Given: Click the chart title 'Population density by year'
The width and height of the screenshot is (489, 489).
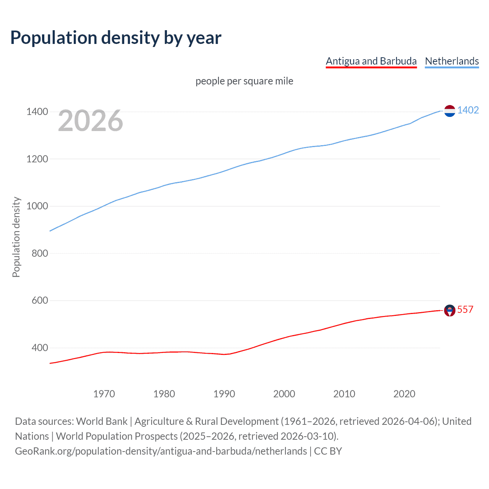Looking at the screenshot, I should coord(116,38).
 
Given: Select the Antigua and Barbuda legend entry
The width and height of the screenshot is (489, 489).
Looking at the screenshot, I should coord(371,61).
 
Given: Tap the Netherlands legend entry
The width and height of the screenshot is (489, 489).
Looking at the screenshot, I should coord(452,61).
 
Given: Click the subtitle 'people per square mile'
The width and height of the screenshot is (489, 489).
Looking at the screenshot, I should coord(244,81).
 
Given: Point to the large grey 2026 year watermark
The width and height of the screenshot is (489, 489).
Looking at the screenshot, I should coord(91,121).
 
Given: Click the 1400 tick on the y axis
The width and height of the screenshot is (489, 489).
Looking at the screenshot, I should coord(37,112).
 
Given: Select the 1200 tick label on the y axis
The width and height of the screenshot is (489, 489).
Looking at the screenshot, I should coord(37,159).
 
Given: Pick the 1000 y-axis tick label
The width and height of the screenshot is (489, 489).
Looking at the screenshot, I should coord(37,206).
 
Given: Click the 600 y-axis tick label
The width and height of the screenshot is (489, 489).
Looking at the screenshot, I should coord(40,301).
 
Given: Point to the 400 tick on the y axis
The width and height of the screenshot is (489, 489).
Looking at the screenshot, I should coord(40,348).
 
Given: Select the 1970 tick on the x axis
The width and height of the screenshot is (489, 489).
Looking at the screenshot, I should coord(104,394).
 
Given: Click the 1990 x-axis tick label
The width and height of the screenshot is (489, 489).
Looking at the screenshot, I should coord(224,394).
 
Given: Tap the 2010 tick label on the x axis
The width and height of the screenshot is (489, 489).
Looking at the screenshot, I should coord(344,394).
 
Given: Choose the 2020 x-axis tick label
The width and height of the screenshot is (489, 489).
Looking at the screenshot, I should coord(404,394).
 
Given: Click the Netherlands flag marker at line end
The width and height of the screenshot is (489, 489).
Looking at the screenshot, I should coord(450,111).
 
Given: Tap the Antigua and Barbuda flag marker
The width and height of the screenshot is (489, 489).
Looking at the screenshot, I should coord(450,311).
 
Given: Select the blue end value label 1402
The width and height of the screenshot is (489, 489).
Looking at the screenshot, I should coord(468,110).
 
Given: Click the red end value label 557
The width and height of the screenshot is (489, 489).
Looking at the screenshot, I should coord(465,309).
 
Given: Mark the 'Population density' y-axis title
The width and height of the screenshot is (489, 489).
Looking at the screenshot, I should coord(16,237).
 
